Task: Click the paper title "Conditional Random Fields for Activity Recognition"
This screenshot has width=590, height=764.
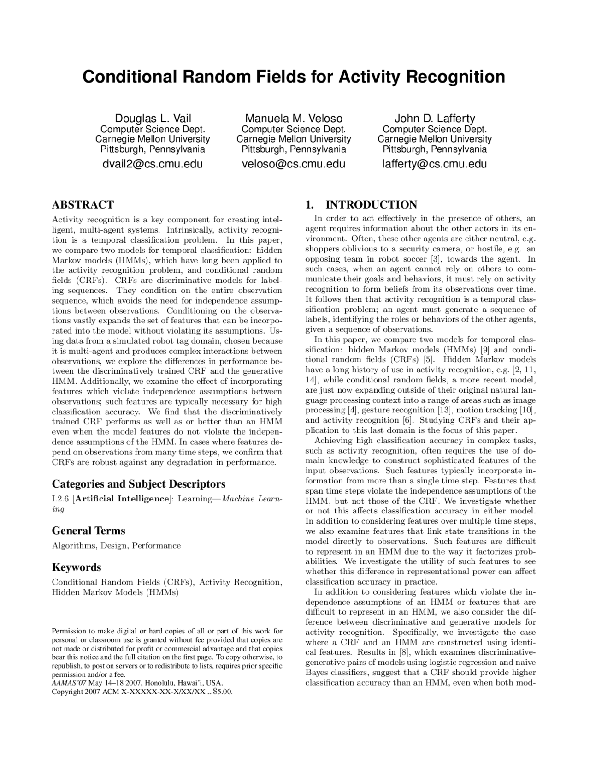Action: click(294, 77)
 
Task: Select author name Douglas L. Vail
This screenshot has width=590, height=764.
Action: click(153, 119)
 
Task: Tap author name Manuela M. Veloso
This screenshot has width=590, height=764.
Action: click(294, 119)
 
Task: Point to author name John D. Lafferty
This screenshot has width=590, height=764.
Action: click(434, 119)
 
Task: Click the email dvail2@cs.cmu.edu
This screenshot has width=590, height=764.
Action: click(153, 164)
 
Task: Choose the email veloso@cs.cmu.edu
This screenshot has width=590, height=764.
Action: click(294, 164)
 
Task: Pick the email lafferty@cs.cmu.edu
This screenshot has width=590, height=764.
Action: click(434, 164)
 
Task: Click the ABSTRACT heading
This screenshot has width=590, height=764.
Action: click(83, 205)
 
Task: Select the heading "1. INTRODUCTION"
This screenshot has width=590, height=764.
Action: click(361, 205)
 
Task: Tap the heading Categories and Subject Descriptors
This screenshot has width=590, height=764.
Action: click(139, 484)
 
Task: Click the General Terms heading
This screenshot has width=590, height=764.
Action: click(88, 531)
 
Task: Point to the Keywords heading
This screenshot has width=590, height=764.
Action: click(77, 567)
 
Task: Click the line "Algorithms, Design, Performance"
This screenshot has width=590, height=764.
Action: click(116, 546)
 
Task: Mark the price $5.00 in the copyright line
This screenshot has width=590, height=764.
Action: click(223, 692)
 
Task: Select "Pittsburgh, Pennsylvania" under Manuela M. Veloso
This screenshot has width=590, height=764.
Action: click(294, 149)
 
